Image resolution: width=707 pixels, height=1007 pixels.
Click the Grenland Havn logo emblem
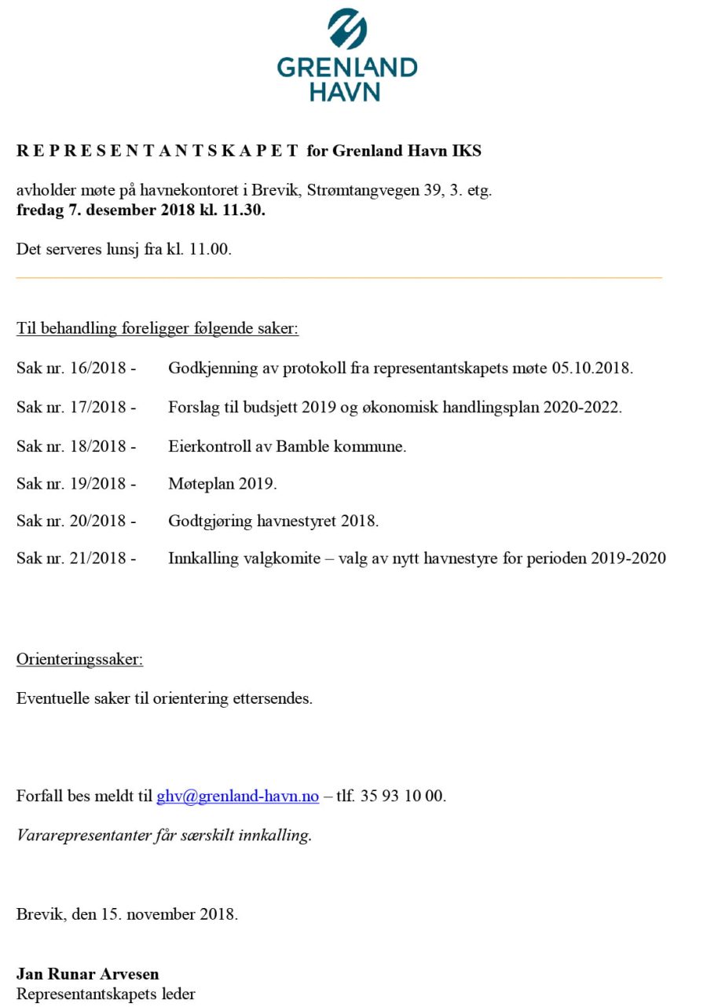click(x=346, y=30)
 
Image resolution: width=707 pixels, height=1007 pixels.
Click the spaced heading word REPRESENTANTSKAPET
click(x=157, y=151)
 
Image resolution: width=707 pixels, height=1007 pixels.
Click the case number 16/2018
click(x=97, y=368)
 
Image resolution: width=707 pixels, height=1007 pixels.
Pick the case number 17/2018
click(x=97, y=408)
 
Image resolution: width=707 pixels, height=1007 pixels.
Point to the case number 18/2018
click(x=97, y=446)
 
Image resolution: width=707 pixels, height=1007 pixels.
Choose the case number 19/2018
click(x=97, y=484)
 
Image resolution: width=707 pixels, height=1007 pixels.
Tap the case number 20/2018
click(x=97, y=521)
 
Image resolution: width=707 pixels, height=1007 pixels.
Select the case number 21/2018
click(x=97, y=558)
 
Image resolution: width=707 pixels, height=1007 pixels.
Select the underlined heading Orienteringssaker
click(x=79, y=659)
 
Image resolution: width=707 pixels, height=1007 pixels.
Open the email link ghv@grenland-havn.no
click(x=237, y=796)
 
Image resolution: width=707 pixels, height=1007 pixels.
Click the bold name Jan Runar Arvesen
click(x=87, y=975)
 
